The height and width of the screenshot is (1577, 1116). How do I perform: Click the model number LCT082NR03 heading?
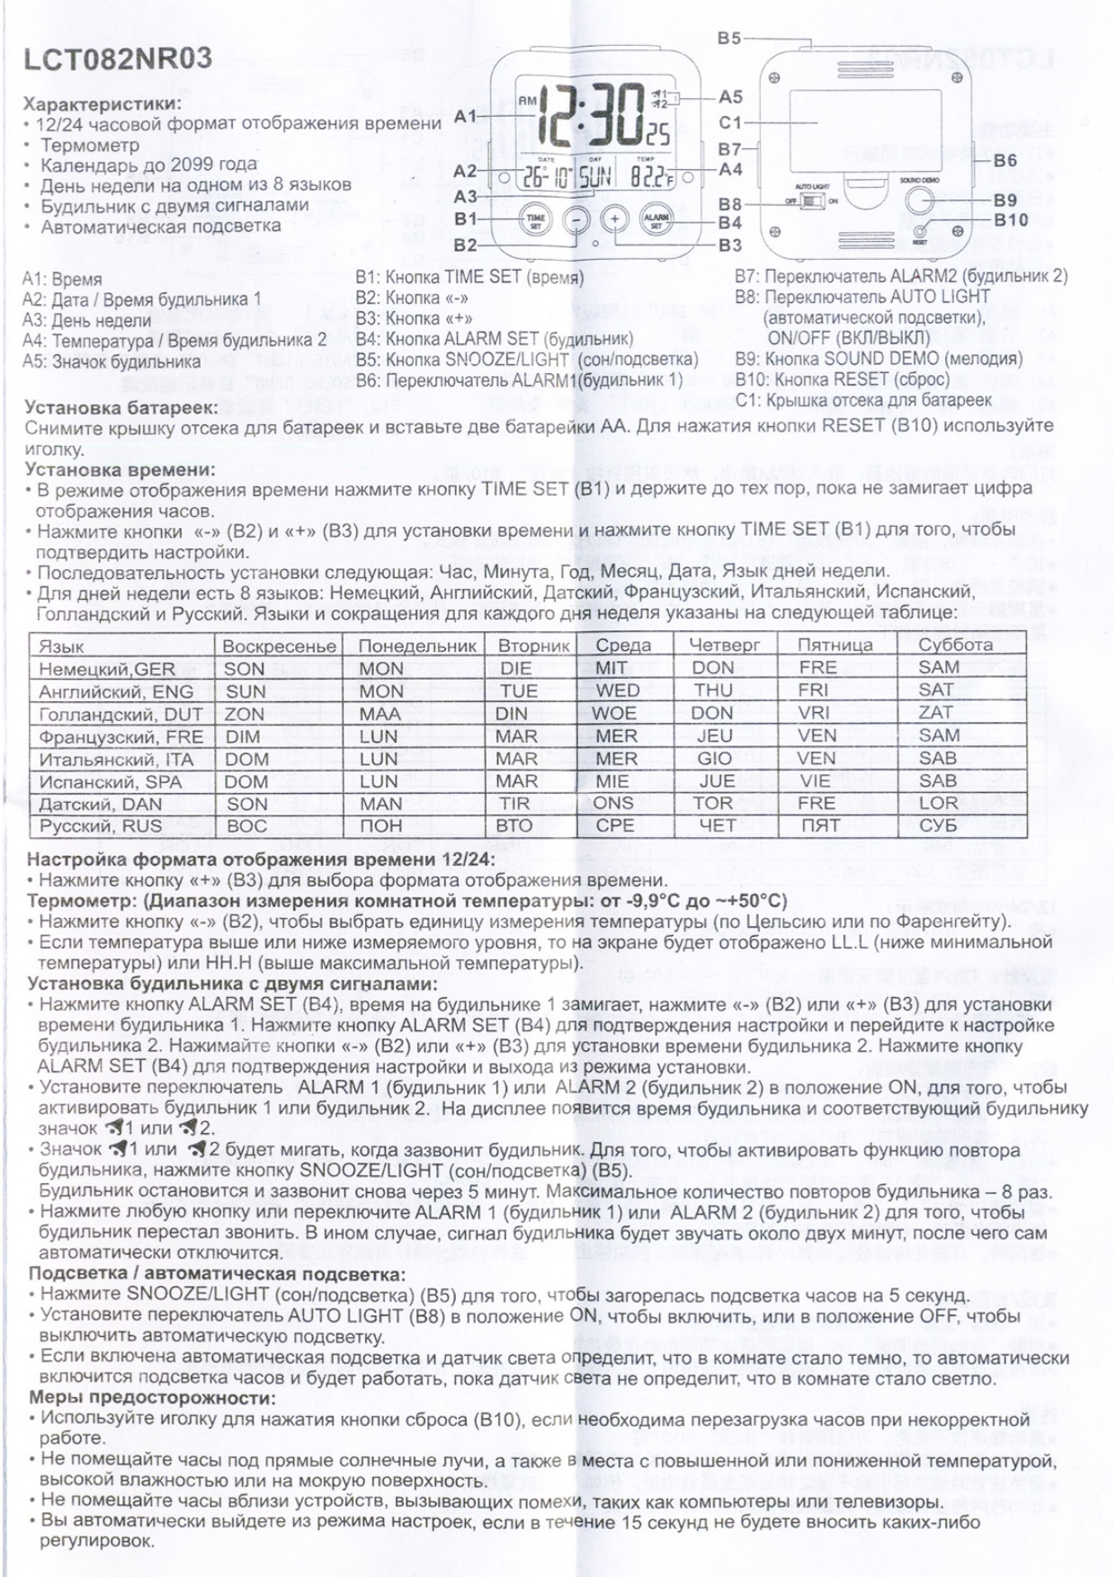coord(118,58)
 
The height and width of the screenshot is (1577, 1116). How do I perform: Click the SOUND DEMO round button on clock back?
coord(919,200)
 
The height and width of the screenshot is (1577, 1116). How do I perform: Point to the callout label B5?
coord(729,39)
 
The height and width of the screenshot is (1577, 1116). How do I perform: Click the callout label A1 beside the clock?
coord(465,116)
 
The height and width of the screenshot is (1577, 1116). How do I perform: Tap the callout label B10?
coord(1011,219)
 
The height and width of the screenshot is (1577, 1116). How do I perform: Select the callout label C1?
coord(729,122)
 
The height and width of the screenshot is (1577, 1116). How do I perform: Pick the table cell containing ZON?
coord(245,714)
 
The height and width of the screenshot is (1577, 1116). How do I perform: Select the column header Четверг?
coord(724,645)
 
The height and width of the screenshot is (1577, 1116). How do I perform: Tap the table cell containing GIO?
coord(715,759)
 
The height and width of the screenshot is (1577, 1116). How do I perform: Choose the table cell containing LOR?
coord(938,804)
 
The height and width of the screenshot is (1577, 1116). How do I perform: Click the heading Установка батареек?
coord(120,407)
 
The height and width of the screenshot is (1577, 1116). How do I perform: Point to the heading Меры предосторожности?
coord(152,1398)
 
